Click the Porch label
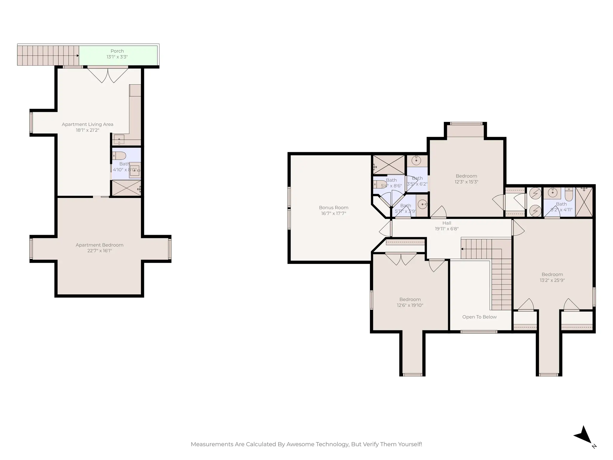point(117,51)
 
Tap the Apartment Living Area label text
point(87,124)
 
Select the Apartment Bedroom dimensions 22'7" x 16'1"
point(99,251)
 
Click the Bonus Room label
point(333,208)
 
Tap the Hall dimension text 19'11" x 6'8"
point(447,229)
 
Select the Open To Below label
point(479,317)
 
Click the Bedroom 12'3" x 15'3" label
point(466,176)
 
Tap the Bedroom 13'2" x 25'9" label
point(552,275)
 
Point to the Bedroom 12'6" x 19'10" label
point(410,299)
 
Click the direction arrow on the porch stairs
point(78,55)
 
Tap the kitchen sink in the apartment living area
point(119,140)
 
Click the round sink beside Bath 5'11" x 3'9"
point(422,205)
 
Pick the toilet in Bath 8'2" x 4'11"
point(568,195)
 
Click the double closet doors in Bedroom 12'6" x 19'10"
point(401,259)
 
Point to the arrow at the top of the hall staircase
point(462,249)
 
